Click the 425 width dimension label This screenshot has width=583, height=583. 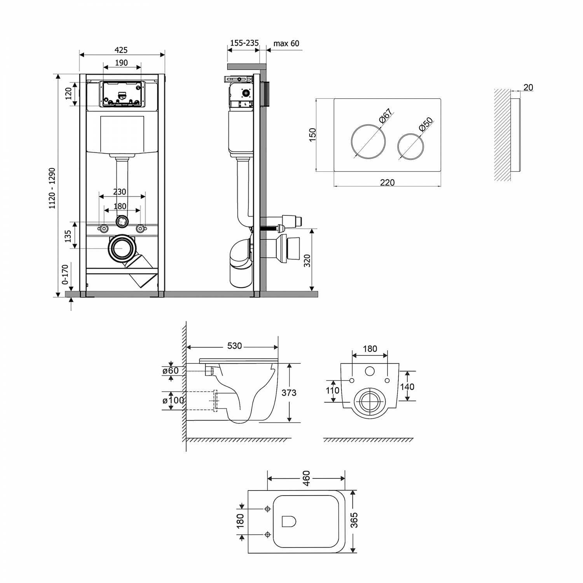(121, 50)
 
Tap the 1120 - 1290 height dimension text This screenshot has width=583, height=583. (52, 188)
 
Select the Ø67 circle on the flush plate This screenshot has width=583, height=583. (368, 140)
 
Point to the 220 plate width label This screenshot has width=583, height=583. (387, 182)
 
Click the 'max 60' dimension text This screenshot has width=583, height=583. (286, 44)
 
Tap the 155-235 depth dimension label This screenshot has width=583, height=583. (244, 43)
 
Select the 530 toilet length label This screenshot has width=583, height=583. (234, 346)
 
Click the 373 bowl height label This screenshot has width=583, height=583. (289, 393)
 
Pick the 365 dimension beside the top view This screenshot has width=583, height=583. (354, 520)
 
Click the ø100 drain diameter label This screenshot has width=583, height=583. (173, 400)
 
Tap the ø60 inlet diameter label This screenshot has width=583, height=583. (171, 371)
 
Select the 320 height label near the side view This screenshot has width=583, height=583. (307, 260)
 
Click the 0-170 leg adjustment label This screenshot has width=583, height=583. (65, 274)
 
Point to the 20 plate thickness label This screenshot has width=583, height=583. (528, 88)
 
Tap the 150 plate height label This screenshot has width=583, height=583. (312, 134)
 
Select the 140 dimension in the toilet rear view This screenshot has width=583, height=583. (407, 386)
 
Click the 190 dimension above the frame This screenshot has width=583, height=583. (121, 63)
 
